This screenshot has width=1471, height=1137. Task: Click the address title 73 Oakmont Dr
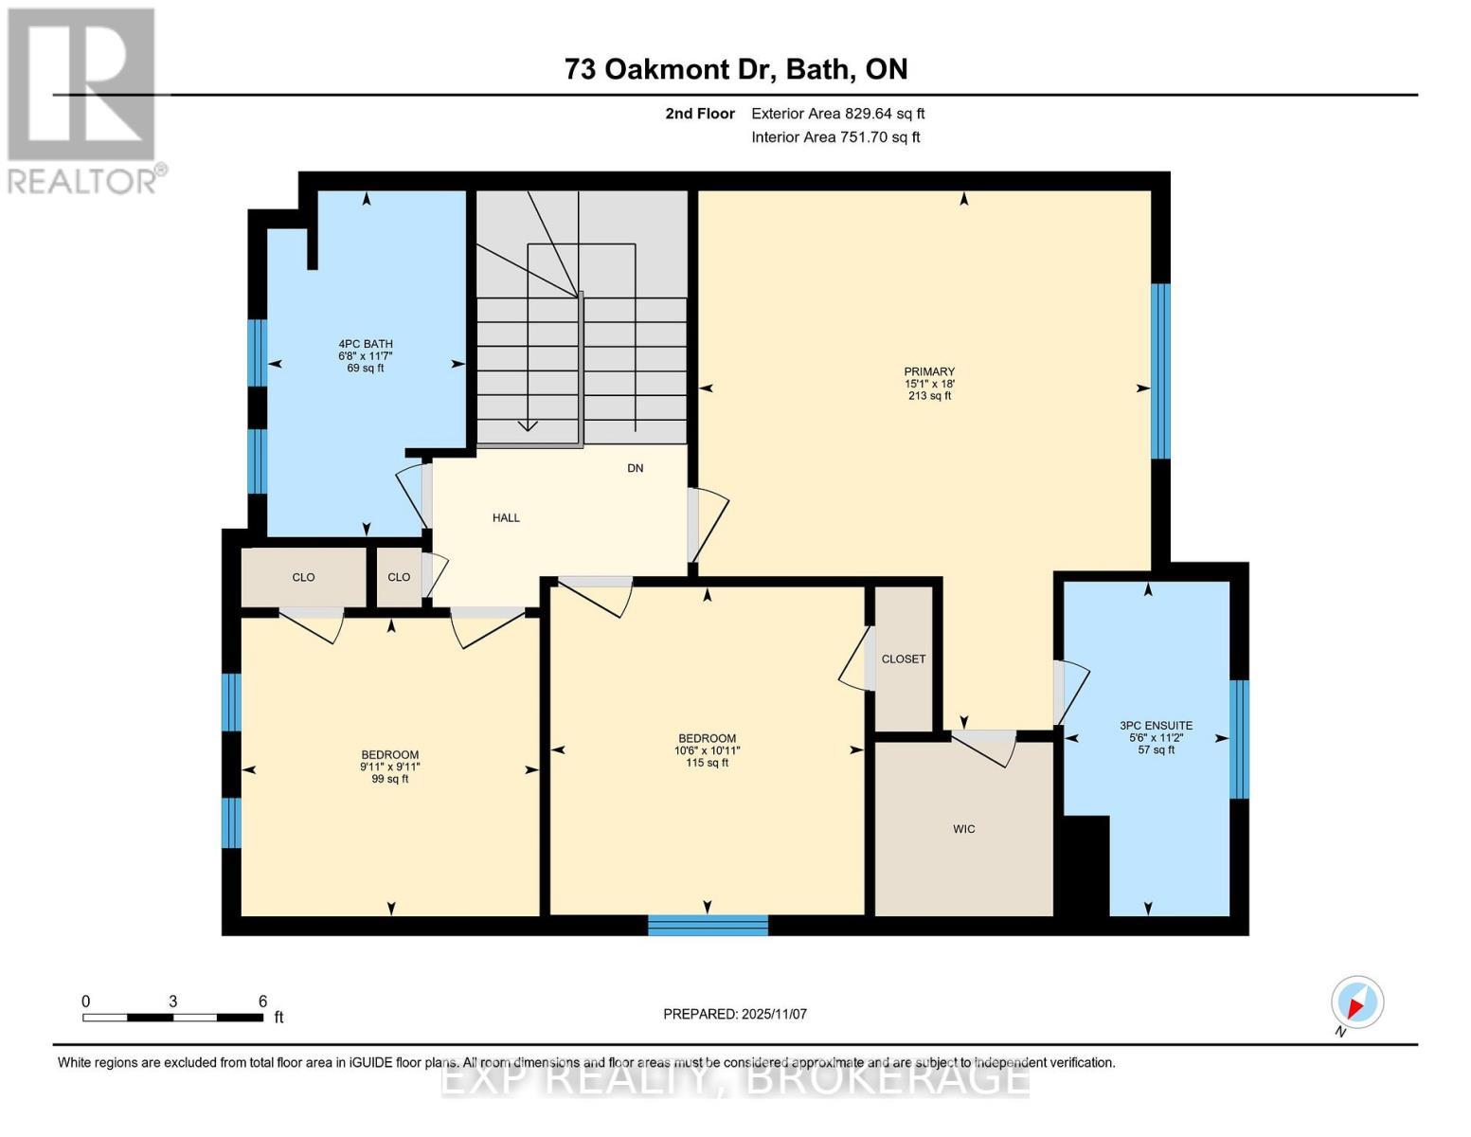[735, 69]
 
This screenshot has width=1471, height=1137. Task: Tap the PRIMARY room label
[928, 383]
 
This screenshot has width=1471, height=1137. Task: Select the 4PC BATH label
[366, 355]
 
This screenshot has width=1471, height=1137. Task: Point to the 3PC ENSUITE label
[1156, 737]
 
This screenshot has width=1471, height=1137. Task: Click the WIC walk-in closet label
[963, 829]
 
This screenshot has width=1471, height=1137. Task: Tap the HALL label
[506, 518]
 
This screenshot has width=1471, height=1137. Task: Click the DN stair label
[635, 468]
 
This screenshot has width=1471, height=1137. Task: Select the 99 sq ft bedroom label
[389, 767]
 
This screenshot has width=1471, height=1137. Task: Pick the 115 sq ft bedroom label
[707, 749]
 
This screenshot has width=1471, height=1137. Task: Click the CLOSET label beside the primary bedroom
[903, 659]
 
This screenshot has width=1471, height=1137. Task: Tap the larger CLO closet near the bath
[303, 577]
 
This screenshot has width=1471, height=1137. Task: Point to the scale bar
[172, 1018]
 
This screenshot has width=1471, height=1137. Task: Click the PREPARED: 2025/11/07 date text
[734, 1014]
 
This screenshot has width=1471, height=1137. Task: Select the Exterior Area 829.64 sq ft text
[837, 114]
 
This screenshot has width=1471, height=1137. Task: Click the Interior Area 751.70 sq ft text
[835, 137]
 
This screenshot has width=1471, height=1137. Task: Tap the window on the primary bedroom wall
[1160, 370]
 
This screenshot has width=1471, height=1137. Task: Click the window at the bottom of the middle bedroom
[708, 925]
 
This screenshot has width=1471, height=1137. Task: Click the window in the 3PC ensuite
[1239, 739]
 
